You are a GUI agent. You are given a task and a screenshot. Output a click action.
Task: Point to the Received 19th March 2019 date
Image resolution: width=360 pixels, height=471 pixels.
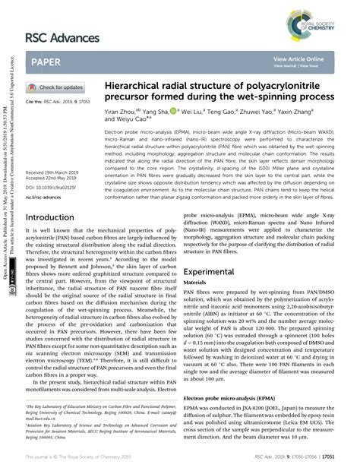pos(53,172)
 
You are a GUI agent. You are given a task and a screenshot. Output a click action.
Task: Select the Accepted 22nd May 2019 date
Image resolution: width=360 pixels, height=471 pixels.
pos(52,179)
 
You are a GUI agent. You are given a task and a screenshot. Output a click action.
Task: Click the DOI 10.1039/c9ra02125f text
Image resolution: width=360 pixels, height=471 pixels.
pos(53,187)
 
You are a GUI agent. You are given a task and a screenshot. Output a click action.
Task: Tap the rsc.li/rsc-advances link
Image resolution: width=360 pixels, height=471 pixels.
pos(44,197)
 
